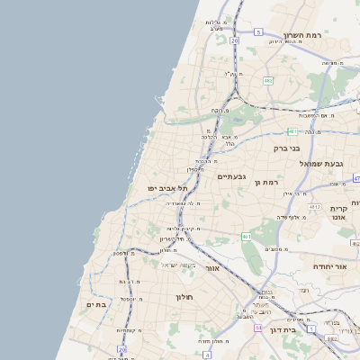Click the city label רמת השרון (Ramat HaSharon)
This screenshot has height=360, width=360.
point(302,35)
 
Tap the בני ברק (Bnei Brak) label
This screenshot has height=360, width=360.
point(289,148)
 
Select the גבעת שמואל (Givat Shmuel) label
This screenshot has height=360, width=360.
point(320,163)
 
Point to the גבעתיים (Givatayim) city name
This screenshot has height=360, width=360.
point(231,177)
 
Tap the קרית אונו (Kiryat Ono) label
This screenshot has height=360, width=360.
point(338,214)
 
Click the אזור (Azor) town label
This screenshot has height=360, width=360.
point(212,268)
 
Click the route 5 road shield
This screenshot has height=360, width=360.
point(257,31)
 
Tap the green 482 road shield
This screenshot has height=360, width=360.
point(268,81)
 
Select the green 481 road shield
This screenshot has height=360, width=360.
point(293,131)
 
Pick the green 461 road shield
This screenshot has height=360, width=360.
point(247,237)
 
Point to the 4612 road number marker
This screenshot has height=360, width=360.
point(314,208)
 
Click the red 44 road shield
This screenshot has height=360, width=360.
point(259,328)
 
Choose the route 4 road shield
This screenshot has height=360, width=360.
point(356,178)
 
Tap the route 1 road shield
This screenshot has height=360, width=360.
point(310,329)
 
